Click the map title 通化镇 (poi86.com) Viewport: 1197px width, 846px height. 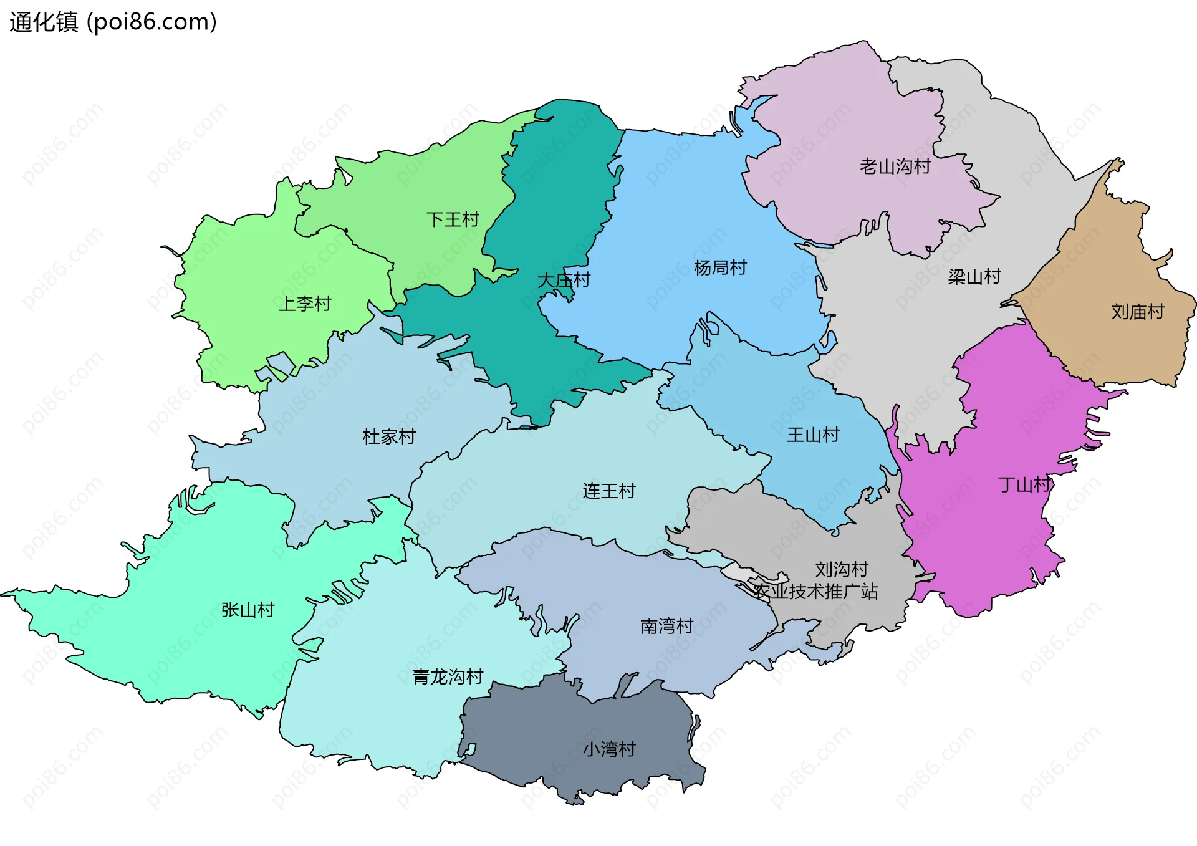[113, 22]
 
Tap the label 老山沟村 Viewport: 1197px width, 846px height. [895, 166]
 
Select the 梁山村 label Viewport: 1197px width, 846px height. [974, 276]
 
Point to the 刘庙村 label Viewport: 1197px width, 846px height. [1137, 312]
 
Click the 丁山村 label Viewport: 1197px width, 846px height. [1024, 484]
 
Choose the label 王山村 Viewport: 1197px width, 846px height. [813, 435]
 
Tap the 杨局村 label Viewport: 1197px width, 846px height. [720, 268]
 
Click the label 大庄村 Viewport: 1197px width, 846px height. [564, 280]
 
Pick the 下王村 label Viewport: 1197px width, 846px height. [453, 219]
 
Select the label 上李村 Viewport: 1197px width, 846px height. [304, 304]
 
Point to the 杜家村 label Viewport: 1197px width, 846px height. [389, 436]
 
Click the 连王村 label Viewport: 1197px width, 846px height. [608, 491]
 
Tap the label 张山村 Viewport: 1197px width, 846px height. [248, 610]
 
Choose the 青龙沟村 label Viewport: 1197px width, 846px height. [448, 676]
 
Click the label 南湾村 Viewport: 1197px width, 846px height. [666, 626]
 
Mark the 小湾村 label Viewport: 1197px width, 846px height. [608, 749]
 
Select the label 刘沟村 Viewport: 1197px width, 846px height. [842, 569]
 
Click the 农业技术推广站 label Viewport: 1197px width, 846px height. [815, 591]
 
